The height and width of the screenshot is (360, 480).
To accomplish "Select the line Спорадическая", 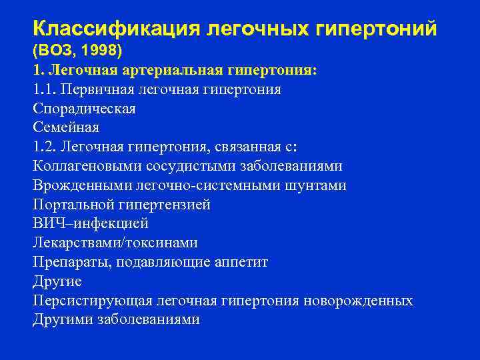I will coord(83,109).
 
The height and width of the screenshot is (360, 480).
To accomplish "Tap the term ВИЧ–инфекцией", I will coord(90,223).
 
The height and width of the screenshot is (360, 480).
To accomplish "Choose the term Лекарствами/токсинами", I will coord(115,243).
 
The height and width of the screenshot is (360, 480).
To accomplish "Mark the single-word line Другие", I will coord(57,281).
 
